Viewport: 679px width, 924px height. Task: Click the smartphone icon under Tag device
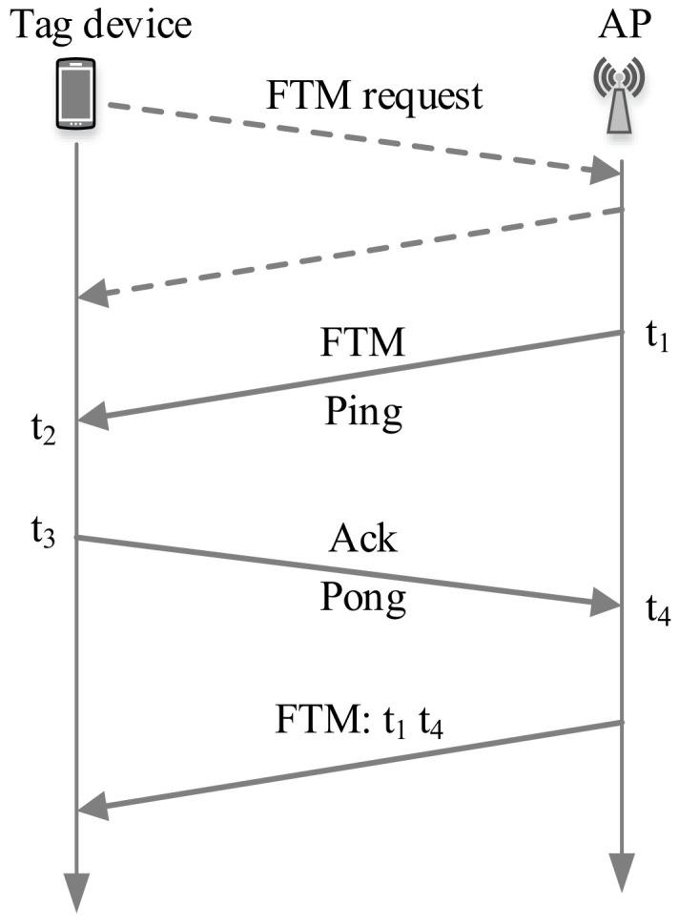click(x=76, y=94)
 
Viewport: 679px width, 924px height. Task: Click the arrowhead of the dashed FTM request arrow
click(x=607, y=173)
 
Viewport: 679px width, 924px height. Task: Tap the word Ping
click(x=362, y=413)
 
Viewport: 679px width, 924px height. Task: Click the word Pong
click(x=362, y=599)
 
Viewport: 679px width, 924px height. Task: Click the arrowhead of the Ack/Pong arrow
click(x=607, y=602)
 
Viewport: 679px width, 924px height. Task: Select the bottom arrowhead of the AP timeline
click(x=622, y=871)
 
